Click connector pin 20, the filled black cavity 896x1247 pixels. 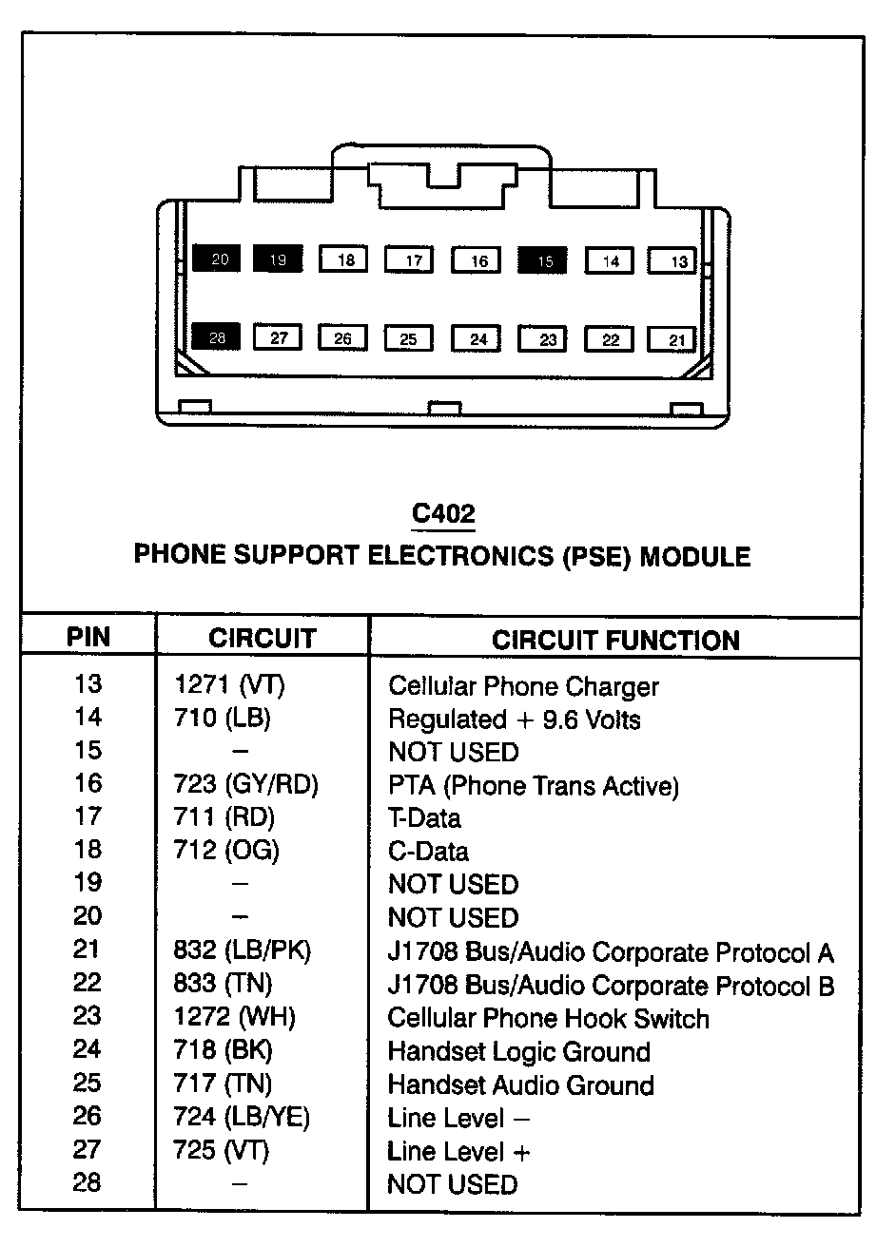(x=217, y=259)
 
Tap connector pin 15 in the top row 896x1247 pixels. (x=542, y=259)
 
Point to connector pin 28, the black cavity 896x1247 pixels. (x=217, y=336)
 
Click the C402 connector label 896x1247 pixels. (x=442, y=514)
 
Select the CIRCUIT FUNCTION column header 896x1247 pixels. (x=615, y=640)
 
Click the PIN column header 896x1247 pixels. (x=88, y=637)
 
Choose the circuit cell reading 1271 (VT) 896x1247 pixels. (x=224, y=685)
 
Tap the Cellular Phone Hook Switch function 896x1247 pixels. (x=548, y=1019)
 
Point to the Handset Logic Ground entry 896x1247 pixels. (x=519, y=1052)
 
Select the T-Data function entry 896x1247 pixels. (x=424, y=818)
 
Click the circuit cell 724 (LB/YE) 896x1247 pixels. (x=242, y=1118)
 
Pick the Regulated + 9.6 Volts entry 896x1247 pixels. (x=514, y=719)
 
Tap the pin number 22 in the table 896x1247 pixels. (x=87, y=983)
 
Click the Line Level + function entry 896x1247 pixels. (x=458, y=1152)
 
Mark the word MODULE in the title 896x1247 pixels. (x=695, y=556)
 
